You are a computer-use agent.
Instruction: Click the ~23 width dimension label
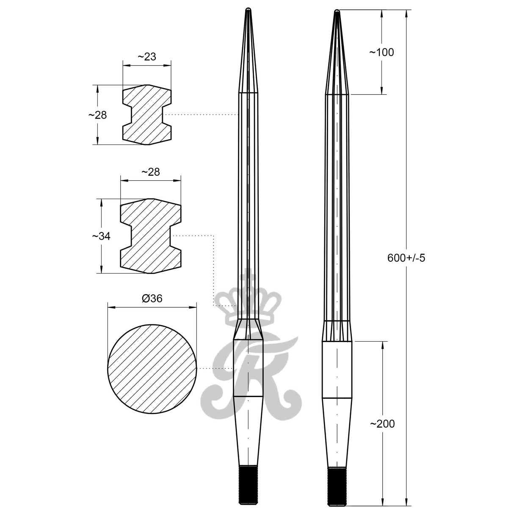tap(147, 57)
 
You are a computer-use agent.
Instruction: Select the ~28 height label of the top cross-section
tap(97, 115)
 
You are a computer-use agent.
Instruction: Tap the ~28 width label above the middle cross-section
tap(150, 171)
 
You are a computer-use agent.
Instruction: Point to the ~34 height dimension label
tap(101, 236)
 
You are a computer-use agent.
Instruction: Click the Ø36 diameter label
tap(152, 298)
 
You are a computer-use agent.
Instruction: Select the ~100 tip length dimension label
tap(381, 52)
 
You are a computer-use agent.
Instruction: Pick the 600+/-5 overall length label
tap(406, 257)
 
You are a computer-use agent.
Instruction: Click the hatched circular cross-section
tap(152, 368)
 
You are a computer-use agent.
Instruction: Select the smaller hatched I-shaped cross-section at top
tap(147, 115)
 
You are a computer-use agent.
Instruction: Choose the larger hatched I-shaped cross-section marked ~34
tap(150, 236)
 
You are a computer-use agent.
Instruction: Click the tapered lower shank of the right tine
tap(337, 432)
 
